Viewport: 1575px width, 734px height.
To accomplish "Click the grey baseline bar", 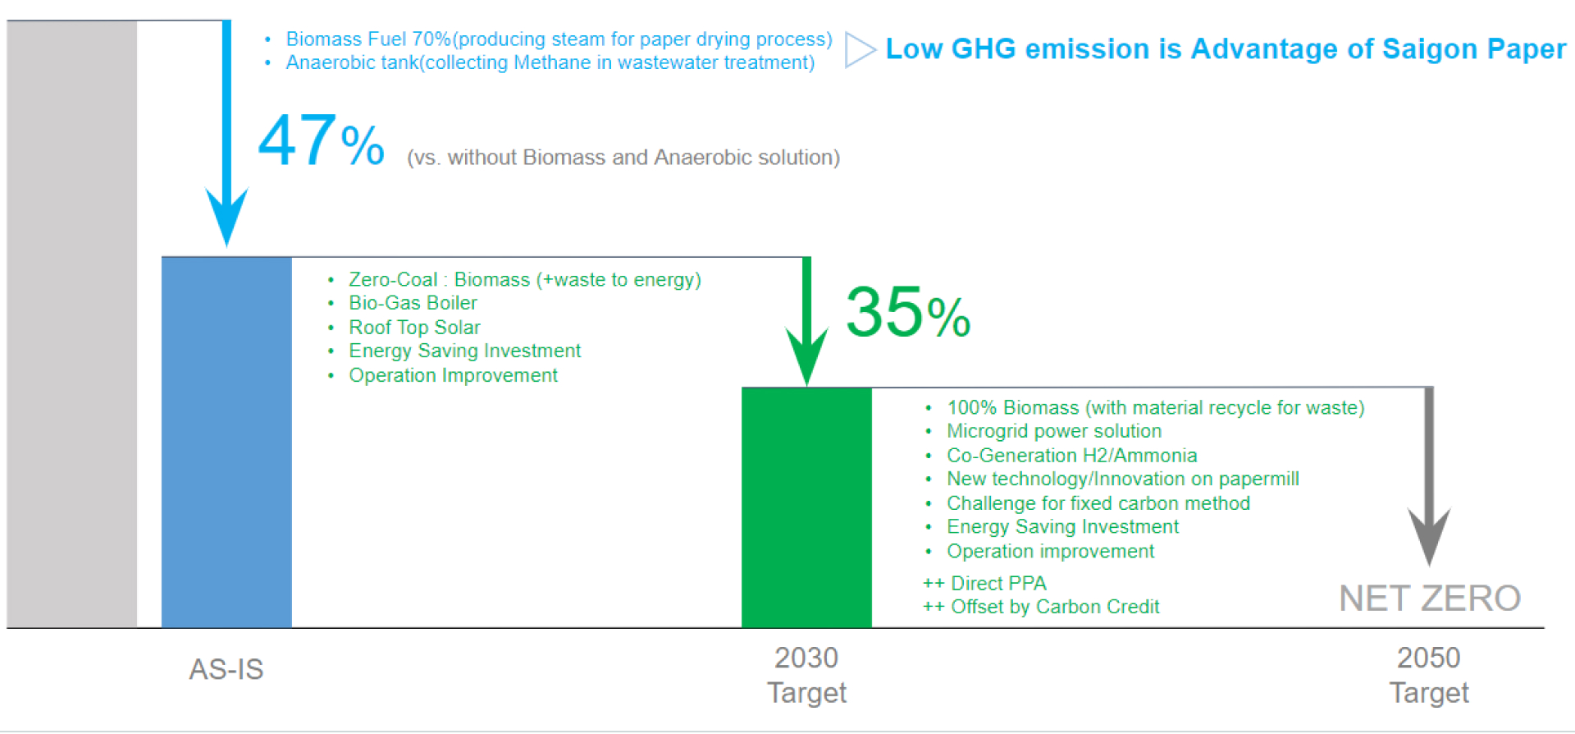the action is pos(72,324).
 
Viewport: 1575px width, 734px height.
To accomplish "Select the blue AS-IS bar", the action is pos(226,443).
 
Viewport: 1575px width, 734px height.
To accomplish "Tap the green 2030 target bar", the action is pos(806,507).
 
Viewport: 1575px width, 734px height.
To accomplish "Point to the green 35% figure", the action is pos(908,312).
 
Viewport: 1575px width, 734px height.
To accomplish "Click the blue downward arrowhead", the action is pos(226,216).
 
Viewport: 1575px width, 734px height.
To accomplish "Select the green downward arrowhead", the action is pos(807,355).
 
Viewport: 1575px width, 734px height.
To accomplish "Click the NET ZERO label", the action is pos(1430,599).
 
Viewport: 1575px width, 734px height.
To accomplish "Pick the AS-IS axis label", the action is pos(226,669).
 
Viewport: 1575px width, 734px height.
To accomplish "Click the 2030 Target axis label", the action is pos(806,675).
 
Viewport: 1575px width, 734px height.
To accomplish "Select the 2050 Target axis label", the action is pos(1429,675).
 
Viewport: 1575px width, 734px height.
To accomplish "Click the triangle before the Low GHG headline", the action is pos(860,50).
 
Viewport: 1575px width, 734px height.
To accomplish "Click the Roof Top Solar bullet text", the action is pos(414,328).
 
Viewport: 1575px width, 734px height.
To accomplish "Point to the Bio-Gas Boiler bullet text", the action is pos(413,303).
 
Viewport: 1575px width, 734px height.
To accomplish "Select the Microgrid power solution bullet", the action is pos(1054,431).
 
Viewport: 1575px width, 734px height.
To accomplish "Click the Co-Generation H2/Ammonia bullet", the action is pos(1071,456).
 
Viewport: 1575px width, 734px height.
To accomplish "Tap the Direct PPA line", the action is pos(984,584).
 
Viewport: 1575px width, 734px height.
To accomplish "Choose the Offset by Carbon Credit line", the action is pos(1041,607).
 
